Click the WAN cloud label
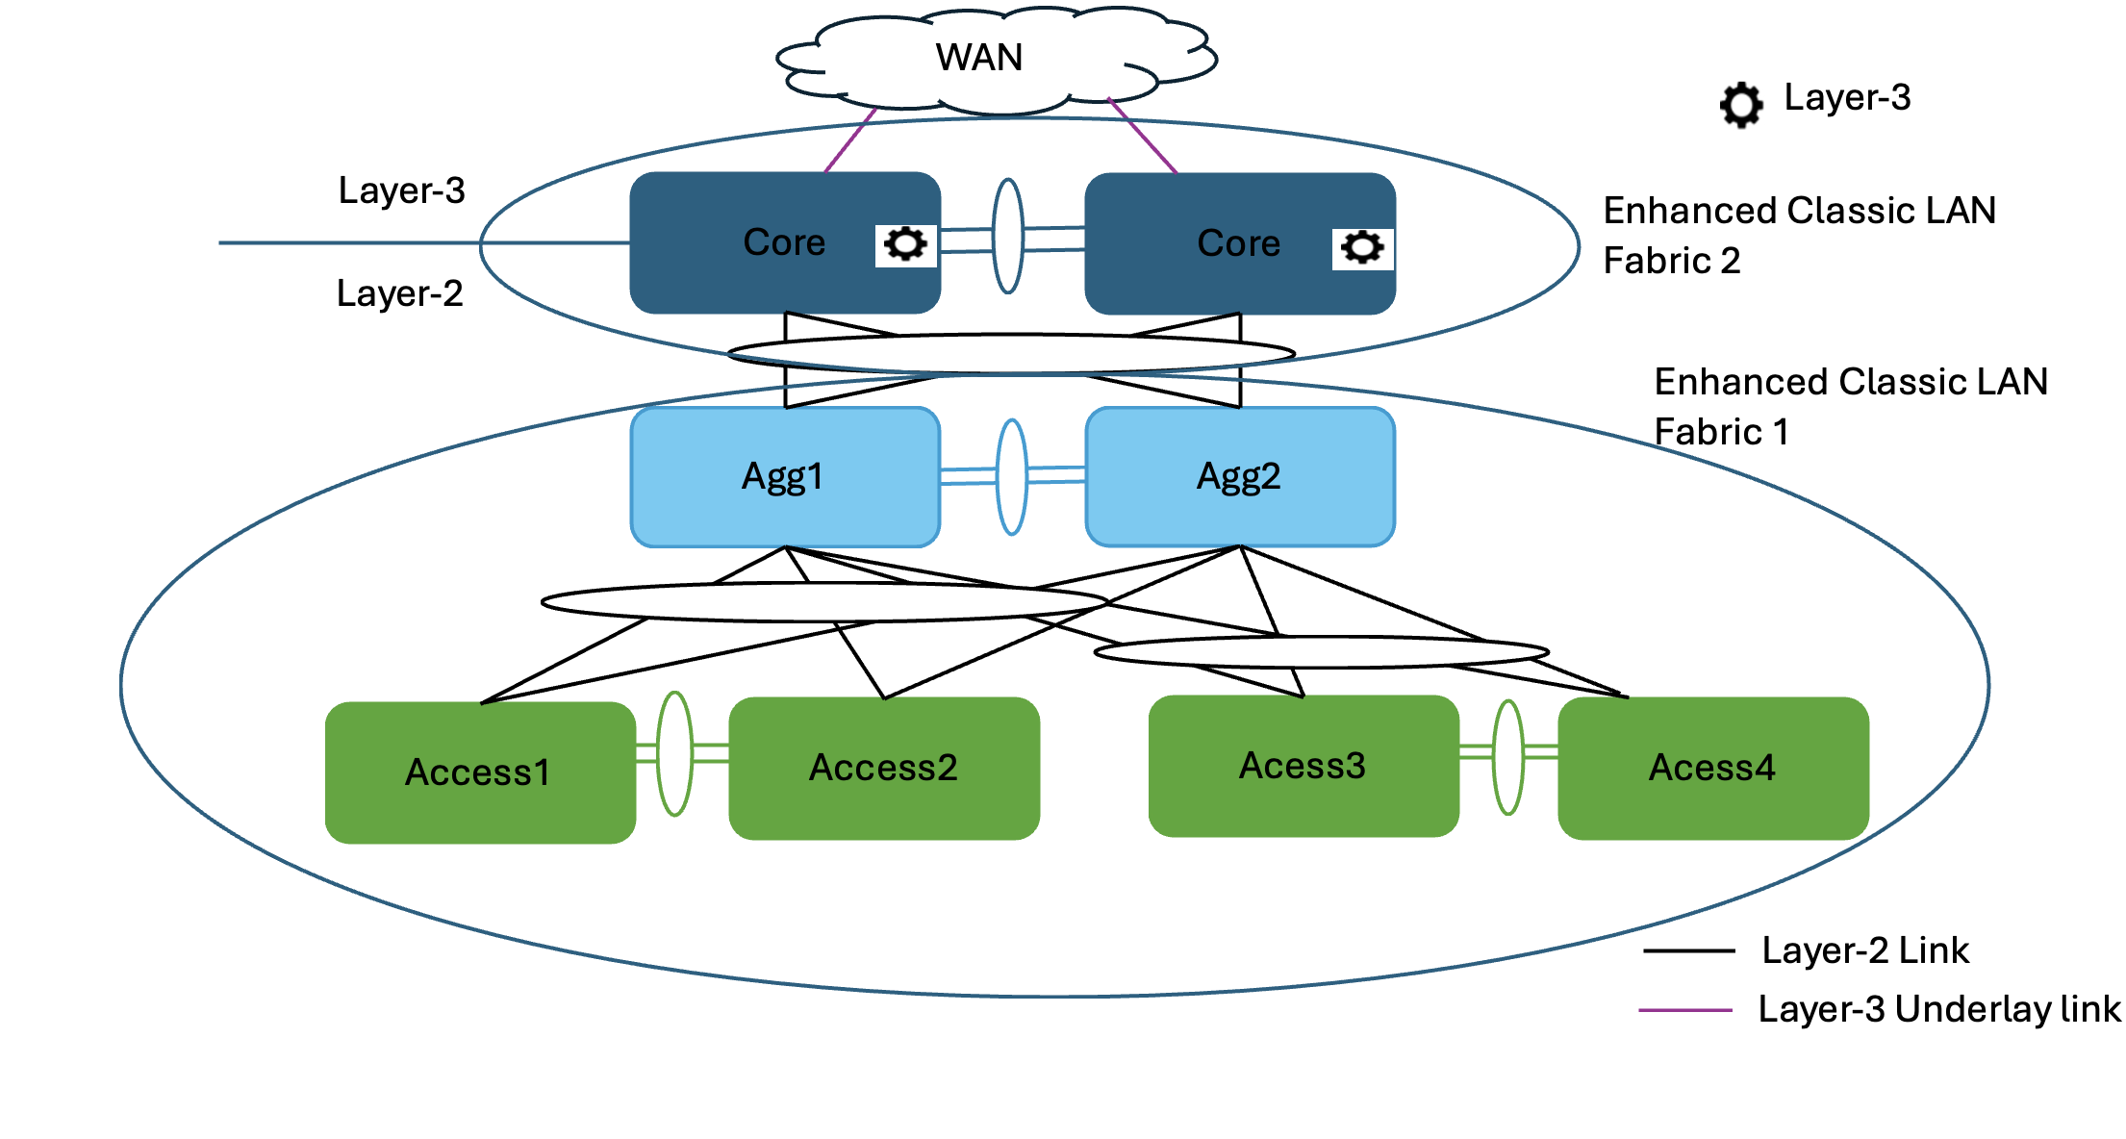(x=978, y=58)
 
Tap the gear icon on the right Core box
(x=1362, y=247)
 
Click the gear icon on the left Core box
(x=905, y=243)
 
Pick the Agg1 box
(x=784, y=477)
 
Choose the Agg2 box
(x=1239, y=477)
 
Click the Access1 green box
(x=479, y=772)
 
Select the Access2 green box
(x=883, y=768)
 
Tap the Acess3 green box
(x=1303, y=766)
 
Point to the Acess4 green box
(x=1712, y=768)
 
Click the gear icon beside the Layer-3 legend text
(x=1741, y=104)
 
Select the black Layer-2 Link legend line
(x=1688, y=950)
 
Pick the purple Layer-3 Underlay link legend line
(x=1685, y=1010)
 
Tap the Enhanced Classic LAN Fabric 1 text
(x=1849, y=406)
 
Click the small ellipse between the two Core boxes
(x=1007, y=236)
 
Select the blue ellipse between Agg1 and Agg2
(x=1012, y=477)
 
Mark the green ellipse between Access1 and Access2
(x=674, y=753)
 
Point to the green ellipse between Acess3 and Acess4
(x=1507, y=757)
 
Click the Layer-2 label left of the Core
(x=399, y=293)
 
